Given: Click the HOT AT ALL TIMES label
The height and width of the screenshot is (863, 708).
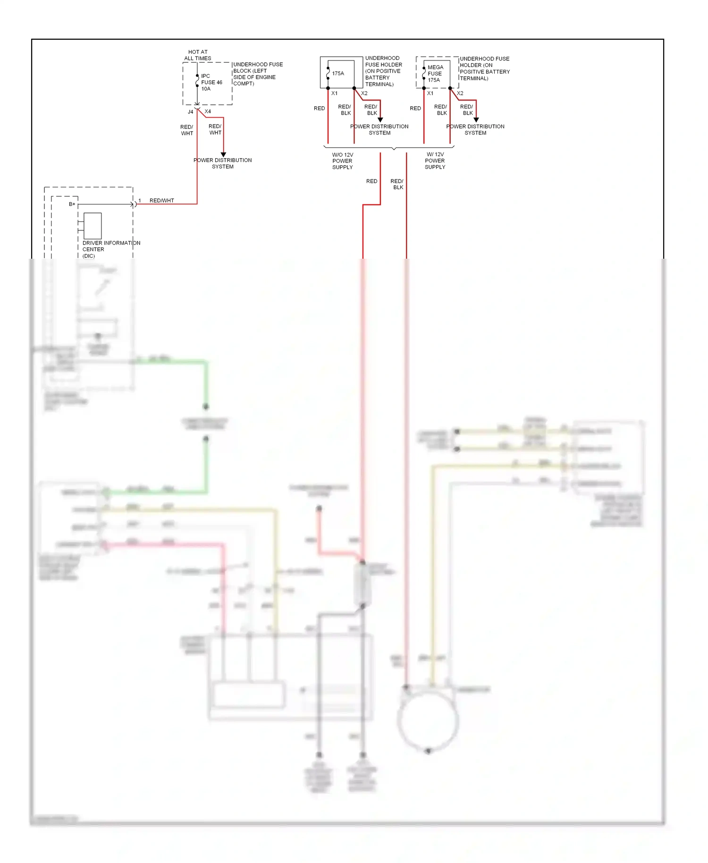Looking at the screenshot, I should [198, 55].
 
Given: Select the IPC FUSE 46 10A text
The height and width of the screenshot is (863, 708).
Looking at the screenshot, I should [211, 82].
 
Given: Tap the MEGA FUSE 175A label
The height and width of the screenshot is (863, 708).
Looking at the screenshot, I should [435, 74].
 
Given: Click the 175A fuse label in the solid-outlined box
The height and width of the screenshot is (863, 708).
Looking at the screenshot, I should [338, 74].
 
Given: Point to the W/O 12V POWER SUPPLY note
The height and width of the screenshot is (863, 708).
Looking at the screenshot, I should [343, 161].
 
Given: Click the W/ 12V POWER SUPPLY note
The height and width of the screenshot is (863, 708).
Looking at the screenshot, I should [435, 161].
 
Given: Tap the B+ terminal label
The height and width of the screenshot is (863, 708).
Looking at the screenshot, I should [72, 204].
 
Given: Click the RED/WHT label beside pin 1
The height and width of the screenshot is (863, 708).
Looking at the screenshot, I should [162, 201].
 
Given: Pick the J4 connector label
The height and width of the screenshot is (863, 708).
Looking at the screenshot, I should [191, 112].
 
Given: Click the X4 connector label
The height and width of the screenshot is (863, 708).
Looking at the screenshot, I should [208, 111].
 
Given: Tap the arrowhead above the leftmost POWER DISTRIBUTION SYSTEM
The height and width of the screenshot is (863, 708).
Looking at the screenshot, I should [223, 154].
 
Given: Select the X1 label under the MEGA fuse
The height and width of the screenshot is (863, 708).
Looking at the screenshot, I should [430, 93].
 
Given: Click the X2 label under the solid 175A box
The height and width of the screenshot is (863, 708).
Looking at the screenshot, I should [364, 93].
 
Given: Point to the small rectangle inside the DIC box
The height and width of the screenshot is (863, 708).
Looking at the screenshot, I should [93, 226].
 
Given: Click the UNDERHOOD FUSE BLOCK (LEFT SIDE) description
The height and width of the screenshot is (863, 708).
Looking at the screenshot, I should [257, 74].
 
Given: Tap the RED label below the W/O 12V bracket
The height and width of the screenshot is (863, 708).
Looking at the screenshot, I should [371, 181].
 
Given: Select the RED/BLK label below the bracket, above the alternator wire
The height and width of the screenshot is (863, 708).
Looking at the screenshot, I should [397, 184].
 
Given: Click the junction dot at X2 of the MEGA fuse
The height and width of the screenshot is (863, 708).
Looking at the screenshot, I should [450, 88].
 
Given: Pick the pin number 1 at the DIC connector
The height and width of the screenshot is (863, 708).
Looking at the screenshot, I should [140, 201].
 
